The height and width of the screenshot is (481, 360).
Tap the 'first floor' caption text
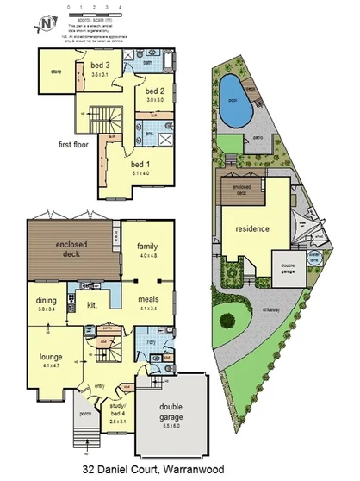76,144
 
